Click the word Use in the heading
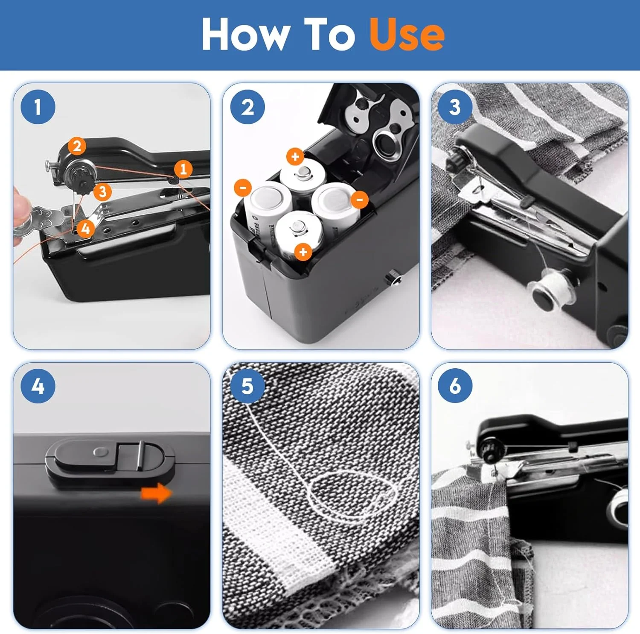tap(407, 35)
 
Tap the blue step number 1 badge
tap(38, 107)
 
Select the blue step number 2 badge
tap(247, 107)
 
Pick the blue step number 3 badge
tap(455, 107)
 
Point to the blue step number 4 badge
tap(38, 386)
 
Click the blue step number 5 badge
tap(247, 386)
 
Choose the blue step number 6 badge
tap(455, 386)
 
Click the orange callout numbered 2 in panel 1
tap(77, 146)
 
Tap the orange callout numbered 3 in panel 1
tap(102, 192)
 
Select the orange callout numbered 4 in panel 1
tap(85, 229)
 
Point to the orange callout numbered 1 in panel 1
tap(183, 169)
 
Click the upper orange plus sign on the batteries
tap(295, 157)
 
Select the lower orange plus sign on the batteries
tap(303, 252)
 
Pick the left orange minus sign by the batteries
tap(243, 188)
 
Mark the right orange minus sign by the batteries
tap(360, 199)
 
